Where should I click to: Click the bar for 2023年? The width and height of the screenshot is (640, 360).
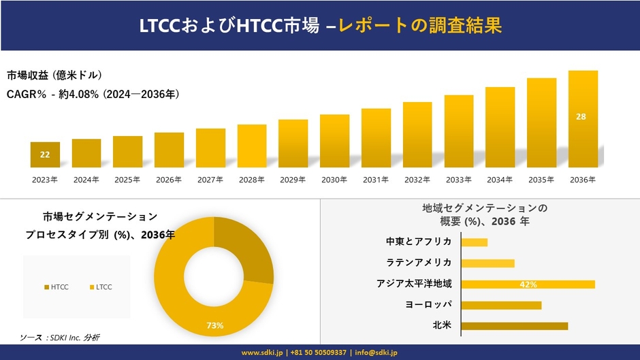coord(45,154)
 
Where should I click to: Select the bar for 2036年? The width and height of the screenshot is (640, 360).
coord(583,119)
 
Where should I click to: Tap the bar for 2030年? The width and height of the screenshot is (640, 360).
coord(334,141)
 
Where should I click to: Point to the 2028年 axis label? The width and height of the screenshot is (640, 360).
coord(252,180)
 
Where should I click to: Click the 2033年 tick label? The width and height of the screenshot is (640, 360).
coord(459,180)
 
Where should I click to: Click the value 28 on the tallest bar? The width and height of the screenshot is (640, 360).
coord(581,117)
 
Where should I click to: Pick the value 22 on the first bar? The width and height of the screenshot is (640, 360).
coord(45,154)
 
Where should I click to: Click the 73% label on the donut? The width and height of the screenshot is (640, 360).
coord(215,326)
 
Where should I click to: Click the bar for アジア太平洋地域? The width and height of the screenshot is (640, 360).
coord(528,284)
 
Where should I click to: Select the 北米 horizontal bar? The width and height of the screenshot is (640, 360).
coord(514,326)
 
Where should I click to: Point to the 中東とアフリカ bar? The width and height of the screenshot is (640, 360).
coord(474,242)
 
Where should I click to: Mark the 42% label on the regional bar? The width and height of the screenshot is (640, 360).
coord(528,284)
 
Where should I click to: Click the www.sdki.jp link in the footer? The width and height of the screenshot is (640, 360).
coord(262,353)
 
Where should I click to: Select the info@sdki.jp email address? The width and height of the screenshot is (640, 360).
coord(374,353)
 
